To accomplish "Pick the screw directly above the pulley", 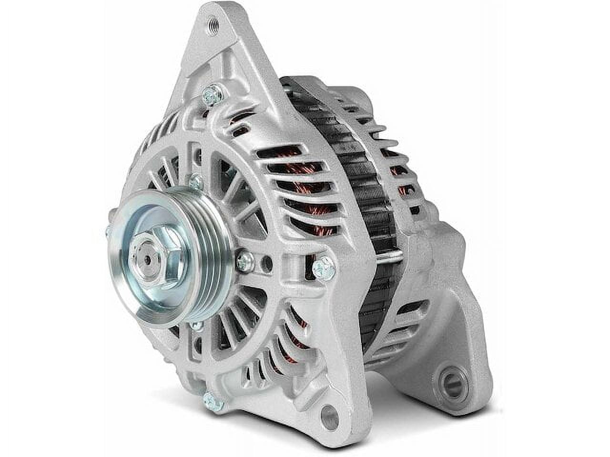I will tap(194, 181).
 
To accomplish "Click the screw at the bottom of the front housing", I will tap(214, 401).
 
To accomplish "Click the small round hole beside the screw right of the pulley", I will tap(270, 260).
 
